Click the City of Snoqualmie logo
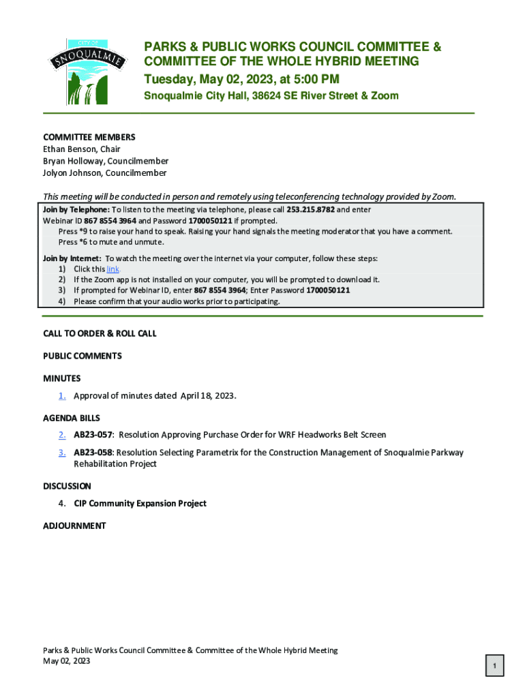86,71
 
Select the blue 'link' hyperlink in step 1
113,269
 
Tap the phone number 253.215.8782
310,210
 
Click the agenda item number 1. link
62,396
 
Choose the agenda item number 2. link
62,435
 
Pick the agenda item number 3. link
62,453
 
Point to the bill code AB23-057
93,435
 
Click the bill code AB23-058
93,453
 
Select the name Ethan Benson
66,149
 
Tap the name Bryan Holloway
72,162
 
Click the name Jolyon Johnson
70,173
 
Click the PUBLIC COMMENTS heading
82,356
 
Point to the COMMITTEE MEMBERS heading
89,137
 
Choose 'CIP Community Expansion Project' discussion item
140,504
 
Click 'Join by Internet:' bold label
72,259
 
